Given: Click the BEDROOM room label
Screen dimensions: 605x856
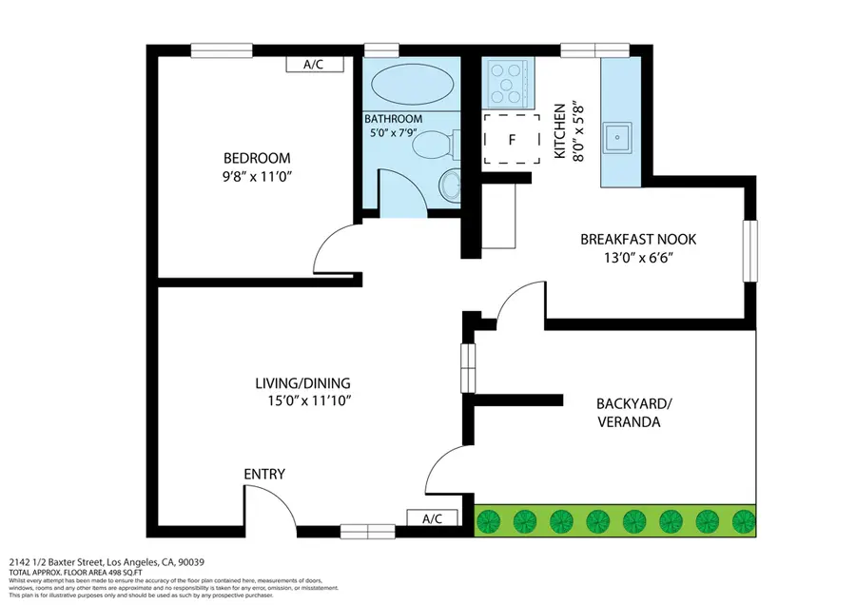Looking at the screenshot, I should pos(257,158).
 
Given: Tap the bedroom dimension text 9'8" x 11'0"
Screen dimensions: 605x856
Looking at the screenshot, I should pos(257,175).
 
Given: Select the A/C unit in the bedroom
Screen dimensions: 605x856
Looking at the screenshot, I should pos(311,65).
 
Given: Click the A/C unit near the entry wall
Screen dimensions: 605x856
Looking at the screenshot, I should pos(432,518).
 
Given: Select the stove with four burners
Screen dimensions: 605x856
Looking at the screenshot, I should pos(507,83).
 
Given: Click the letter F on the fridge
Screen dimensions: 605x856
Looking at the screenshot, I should pos(512,140).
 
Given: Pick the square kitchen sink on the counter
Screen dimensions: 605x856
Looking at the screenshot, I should pos(623,137).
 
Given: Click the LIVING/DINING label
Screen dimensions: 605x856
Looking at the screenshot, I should pos(303,383).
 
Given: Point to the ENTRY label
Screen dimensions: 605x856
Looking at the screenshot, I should pos(264,474).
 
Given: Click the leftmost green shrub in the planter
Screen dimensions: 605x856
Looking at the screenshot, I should pos(490,521).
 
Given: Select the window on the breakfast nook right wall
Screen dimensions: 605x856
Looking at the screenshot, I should pos(750,250).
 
